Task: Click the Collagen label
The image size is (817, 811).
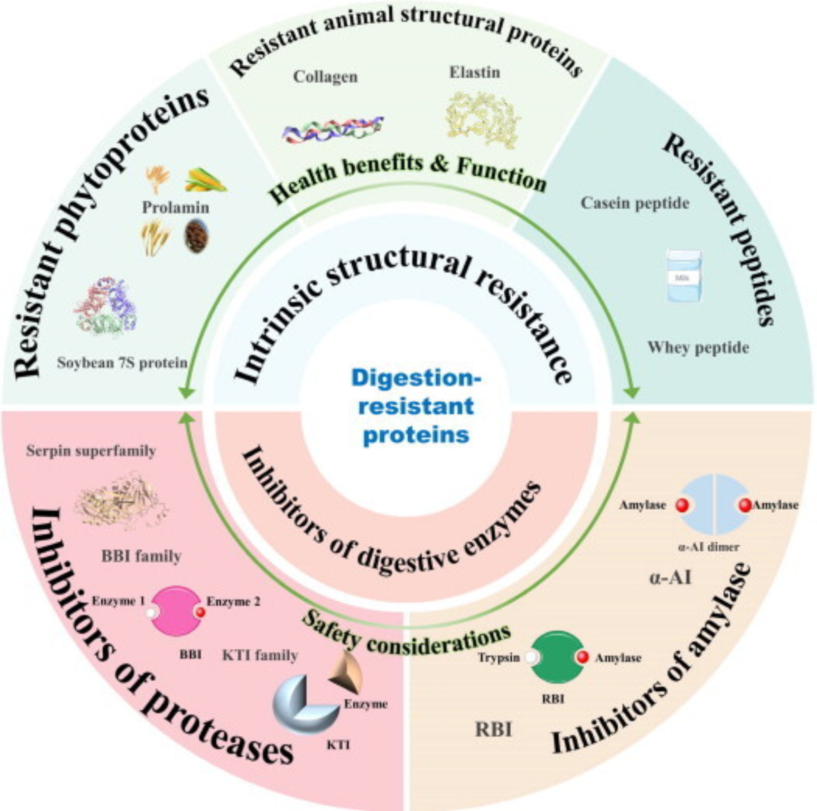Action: click(325, 77)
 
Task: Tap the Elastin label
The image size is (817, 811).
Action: click(474, 72)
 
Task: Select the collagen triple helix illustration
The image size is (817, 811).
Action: click(333, 129)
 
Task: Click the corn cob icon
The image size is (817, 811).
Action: click(205, 180)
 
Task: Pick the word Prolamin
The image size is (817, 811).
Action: click(176, 207)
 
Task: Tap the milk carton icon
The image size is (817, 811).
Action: click(684, 276)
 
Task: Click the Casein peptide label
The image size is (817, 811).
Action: click(635, 203)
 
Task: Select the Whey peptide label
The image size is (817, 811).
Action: click(698, 347)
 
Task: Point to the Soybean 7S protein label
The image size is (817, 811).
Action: click(122, 363)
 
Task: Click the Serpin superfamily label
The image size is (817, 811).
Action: click(91, 451)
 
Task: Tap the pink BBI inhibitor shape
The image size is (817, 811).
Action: click(176, 611)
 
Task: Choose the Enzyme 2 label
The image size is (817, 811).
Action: click(233, 601)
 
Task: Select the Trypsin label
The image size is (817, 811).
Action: click(499, 658)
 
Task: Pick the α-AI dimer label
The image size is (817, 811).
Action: click(708, 547)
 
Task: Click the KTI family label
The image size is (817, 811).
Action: click(260, 656)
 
